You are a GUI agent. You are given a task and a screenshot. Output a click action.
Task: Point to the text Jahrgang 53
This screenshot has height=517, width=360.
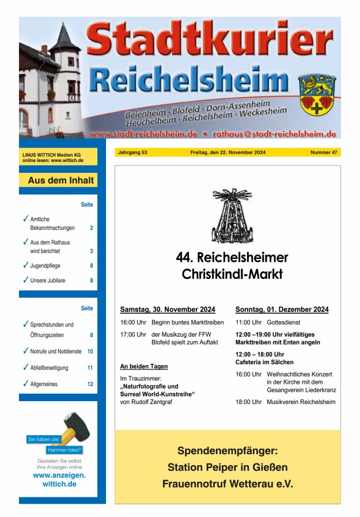(x=132, y=153)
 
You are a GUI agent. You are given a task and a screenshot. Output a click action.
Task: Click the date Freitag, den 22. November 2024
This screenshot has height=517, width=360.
(x=228, y=153)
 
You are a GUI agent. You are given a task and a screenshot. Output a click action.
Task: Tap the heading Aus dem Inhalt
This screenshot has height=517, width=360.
(x=60, y=180)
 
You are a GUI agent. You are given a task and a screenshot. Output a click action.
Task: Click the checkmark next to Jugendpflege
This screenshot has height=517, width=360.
(x=25, y=265)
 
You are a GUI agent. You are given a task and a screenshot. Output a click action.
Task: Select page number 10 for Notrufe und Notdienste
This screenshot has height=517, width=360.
(x=90, y=352)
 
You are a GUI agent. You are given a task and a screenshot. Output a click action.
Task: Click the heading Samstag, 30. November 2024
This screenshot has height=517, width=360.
(x=168, y=310)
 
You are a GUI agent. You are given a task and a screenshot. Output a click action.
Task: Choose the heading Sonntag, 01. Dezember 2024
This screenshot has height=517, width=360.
(x=282, y=310)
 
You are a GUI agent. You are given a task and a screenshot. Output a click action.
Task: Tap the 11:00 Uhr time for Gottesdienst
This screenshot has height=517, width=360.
(x=248, y=323)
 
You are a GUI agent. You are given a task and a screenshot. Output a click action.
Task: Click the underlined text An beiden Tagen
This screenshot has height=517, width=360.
(x=144, y=366)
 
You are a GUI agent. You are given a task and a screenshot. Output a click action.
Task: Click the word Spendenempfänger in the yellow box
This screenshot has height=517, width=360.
(x=227, y=450)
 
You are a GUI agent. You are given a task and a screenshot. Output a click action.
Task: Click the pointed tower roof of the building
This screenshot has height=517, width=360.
(x=63, y=39)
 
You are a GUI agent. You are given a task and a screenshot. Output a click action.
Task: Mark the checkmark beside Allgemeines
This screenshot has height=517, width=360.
(x=25, y=383)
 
